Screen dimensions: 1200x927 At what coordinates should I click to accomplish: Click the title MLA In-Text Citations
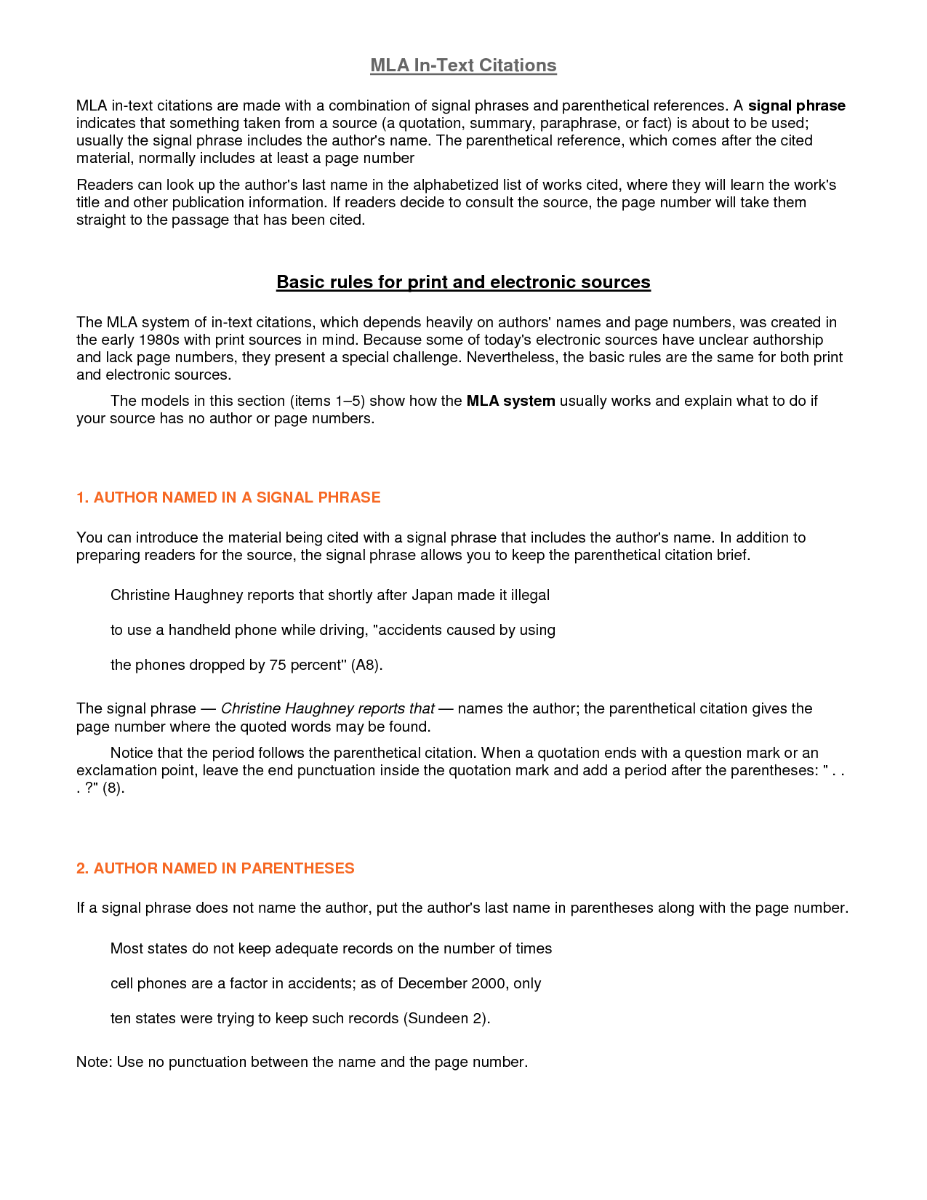click(463, 65)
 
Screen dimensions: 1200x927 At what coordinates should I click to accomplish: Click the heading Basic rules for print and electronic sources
click(463, 282)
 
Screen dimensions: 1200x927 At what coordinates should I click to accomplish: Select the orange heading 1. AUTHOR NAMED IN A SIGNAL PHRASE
click(228, 497)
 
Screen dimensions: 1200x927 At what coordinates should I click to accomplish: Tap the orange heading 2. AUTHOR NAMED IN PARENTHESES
click(215, 868)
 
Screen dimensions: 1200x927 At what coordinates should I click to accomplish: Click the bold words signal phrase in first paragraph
click(796, 105)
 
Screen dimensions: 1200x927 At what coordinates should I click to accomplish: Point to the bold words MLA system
click(510, 401)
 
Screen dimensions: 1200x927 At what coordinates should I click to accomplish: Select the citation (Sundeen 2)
click(446, 1018)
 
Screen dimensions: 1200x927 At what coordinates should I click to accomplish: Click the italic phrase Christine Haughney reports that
click(327, 708)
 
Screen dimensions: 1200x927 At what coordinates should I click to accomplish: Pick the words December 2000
click(451, 983)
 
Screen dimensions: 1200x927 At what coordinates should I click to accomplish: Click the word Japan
click(433, 595)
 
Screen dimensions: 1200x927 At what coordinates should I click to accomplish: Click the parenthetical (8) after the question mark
click(113, 788)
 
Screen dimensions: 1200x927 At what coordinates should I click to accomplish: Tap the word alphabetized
click(454, 185)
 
